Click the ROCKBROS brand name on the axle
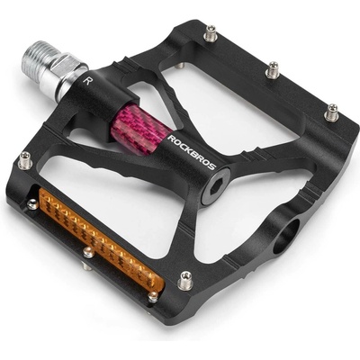tap(192, 152)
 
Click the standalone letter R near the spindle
tap(86, 81)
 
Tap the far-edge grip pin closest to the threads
tap(211, 32)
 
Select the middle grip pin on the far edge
tap(273, 70)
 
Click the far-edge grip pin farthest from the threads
tap(332, 112)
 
